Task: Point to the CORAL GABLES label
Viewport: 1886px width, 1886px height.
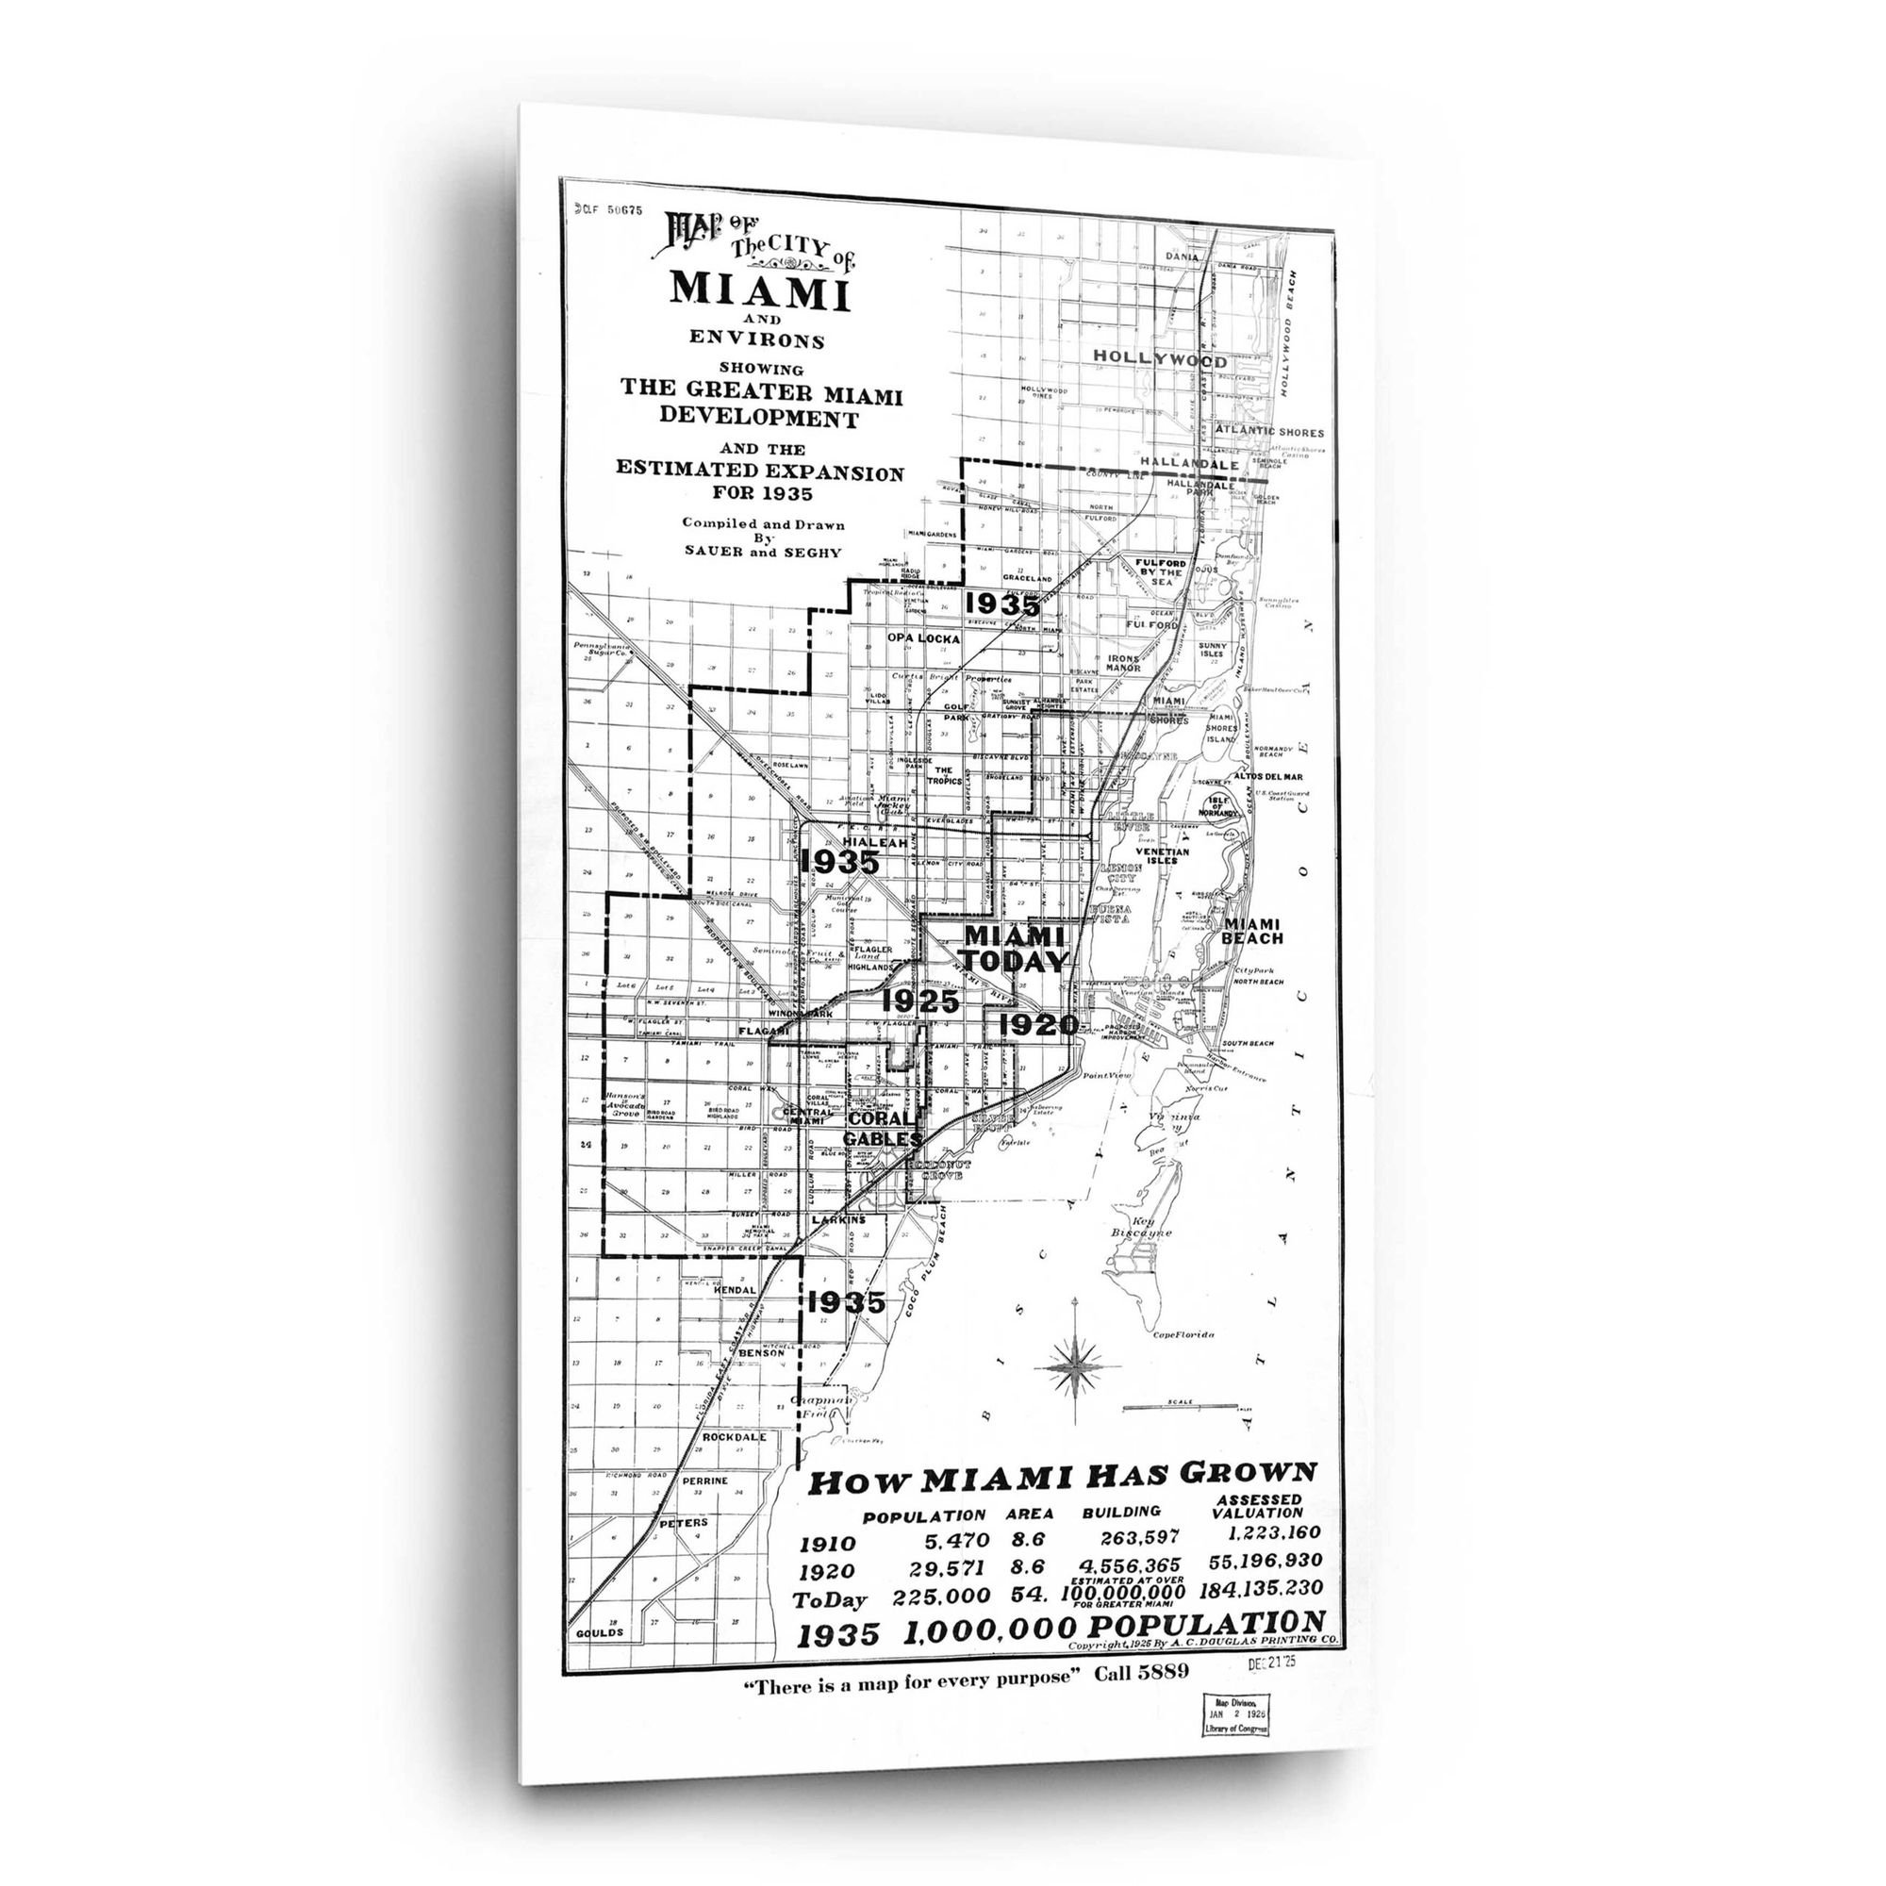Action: coord(883,1129)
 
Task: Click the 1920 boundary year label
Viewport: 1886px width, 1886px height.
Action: coord(1037,1025)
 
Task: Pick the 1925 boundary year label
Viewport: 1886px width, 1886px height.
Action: coord(920,1001)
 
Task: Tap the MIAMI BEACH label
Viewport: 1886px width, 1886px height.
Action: coord(1252,932)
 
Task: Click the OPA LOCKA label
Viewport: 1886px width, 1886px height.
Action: coord(923,638)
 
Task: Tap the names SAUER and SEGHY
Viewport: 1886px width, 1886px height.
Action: coord(761,552)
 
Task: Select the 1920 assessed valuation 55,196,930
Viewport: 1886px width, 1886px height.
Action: coord(1265,1561)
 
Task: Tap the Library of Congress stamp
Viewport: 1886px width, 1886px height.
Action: coord(1237,1713)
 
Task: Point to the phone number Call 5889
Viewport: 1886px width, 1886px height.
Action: coord(1141,1672)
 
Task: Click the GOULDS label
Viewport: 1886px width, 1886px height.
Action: coord(599,1632)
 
